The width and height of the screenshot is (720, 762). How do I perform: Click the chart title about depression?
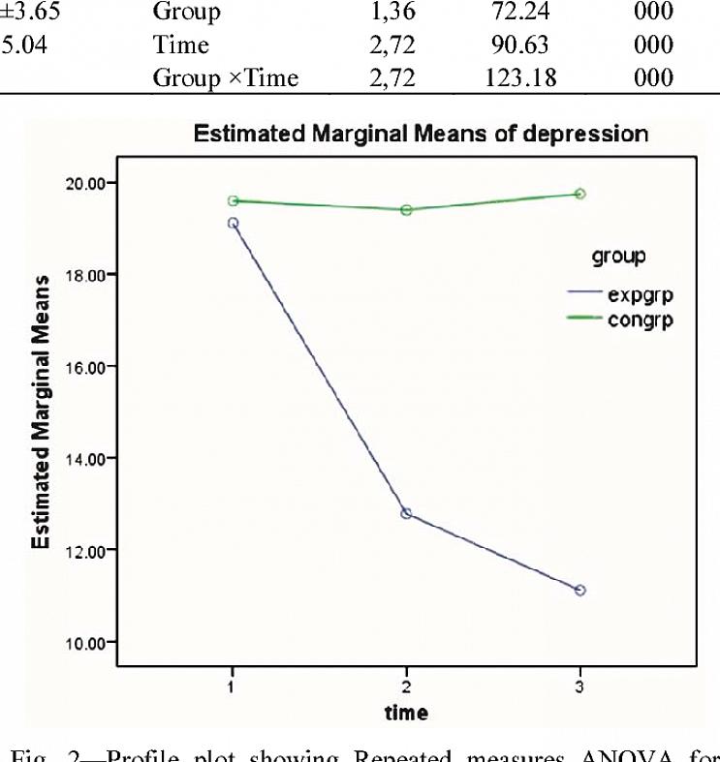[x=421, y=134]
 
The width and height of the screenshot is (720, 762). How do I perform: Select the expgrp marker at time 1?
[x=233, y=223]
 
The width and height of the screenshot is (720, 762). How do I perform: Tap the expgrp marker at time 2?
[x=406, y=513]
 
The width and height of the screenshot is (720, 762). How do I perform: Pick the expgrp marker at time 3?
[x=579, y=590]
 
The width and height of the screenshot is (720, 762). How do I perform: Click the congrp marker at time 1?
[x=233, y=200]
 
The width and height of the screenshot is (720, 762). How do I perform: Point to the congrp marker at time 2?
[x=406, y=209]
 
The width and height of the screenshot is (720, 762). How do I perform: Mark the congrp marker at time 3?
[x=579, y=194]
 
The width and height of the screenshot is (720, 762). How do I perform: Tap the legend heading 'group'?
[x=618, y=257]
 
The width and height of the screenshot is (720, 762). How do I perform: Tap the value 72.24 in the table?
[x=521, y=15]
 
